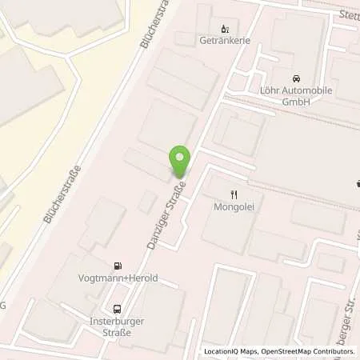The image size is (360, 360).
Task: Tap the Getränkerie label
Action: coord(221,40)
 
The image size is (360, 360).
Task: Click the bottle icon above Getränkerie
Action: coord(223,28)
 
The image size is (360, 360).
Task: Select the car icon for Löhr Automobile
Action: coord(296,78)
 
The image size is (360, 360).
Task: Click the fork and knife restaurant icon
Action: coord(234,194)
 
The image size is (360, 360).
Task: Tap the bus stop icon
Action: coord(118,308)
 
